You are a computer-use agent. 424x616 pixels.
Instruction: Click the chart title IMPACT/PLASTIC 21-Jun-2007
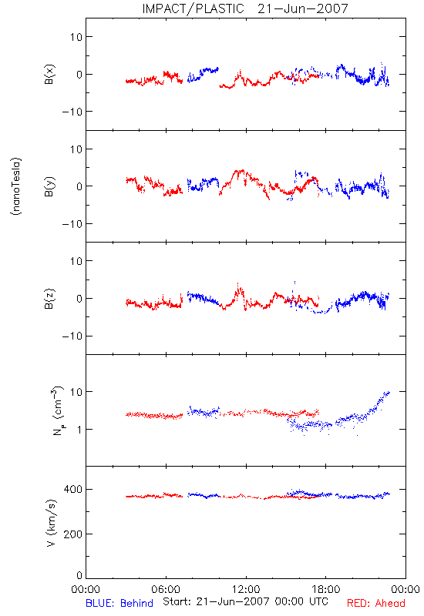(245, 8)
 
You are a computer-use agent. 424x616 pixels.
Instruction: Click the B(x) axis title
(49, 74)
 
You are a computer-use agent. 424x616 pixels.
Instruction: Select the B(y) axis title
(49, 186)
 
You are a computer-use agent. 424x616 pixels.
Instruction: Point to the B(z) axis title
(49, 299)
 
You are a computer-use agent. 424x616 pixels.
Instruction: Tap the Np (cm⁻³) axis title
(57, 410)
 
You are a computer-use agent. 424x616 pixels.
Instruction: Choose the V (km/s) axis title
(51, 523)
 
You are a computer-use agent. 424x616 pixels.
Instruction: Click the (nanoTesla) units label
(16, 186)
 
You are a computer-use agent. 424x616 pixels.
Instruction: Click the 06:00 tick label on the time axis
(166, 589)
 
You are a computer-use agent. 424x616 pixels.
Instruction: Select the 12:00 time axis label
(246, 589)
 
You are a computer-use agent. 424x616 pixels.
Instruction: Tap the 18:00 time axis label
(326, 589)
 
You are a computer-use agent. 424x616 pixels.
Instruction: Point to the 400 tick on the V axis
(72, 489)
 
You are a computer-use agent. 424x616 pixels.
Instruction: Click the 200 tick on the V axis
(72, 534)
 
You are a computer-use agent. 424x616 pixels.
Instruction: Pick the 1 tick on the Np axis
(79, 430)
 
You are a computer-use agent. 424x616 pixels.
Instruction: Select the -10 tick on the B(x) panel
(72, 112)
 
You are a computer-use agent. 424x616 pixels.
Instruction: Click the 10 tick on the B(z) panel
(76, 261)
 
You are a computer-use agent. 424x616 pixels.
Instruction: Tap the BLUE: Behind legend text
(119, 603)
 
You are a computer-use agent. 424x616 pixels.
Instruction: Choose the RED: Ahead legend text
(375, 603)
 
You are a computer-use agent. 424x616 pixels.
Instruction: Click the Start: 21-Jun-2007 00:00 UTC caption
(245, 601)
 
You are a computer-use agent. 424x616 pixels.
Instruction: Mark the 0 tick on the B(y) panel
(79, 186)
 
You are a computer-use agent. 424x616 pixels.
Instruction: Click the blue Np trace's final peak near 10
(389, 392)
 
